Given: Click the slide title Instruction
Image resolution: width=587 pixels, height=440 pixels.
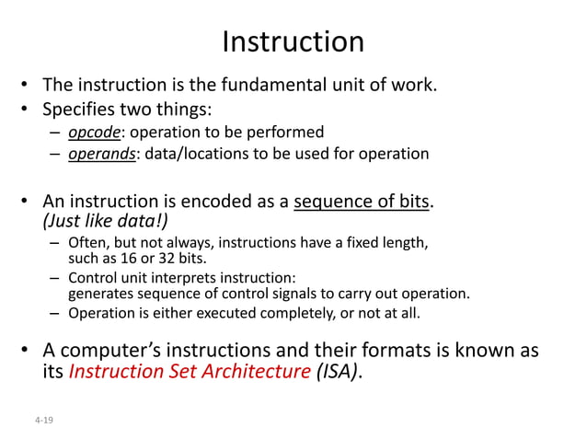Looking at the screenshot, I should tap(293, 41).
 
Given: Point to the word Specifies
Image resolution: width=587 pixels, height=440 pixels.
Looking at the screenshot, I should tap(82, 110).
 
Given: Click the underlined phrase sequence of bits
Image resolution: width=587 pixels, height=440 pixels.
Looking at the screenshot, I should tap(361, 201).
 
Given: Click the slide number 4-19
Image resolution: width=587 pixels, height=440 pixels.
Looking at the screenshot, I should tap(42, 420).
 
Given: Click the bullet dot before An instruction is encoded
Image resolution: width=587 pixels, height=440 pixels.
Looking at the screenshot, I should tap(29, 201).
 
